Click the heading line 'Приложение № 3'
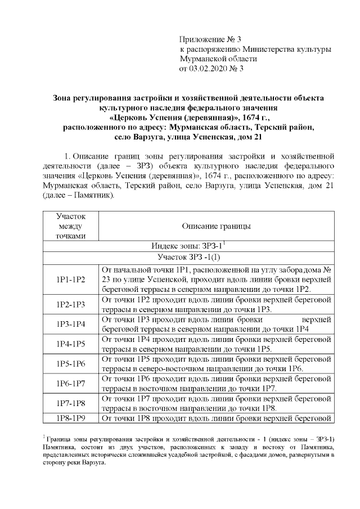tap(210, 39)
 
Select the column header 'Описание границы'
tap(216, 226)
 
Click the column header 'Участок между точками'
tap(71, 226)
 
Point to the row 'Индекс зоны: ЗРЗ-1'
tap(188, 246)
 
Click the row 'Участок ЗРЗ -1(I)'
tap(188, 258)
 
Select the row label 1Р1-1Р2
tap(71, 279)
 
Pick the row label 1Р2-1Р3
tap(71, 304)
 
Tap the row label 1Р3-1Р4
tap(71, 324)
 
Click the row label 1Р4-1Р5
tap(71, 344)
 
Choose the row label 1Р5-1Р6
tap(71, 363)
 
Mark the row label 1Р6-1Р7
tap(71, 383)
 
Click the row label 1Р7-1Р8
tap(71, 403)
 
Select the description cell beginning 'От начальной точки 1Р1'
tap(216, 279)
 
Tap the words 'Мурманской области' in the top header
tap(218, 59)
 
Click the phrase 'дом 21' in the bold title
tap(248, 137)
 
